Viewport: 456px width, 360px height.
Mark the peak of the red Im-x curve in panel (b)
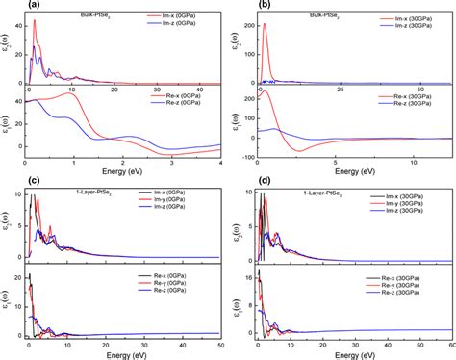[x=264, y=25]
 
